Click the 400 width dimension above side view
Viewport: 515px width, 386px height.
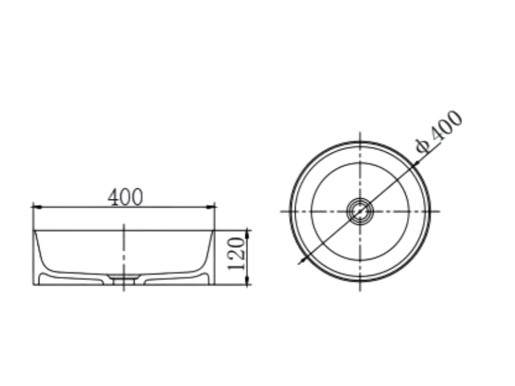126,197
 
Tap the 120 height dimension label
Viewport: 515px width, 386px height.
236,254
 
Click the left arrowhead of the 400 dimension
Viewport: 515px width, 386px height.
37,207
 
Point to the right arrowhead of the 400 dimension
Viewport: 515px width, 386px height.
211,207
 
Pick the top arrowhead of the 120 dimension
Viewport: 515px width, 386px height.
248,235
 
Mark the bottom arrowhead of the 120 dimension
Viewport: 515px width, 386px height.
248,280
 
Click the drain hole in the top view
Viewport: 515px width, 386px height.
360,212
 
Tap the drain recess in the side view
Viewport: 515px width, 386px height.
124,279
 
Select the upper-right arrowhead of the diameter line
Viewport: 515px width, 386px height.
415,164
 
